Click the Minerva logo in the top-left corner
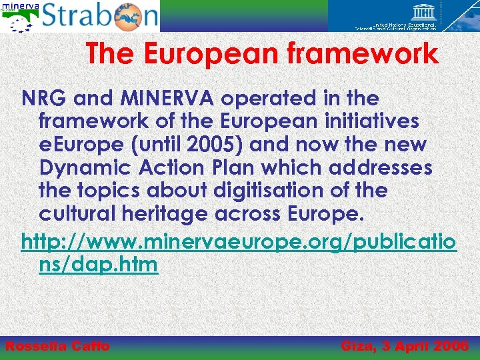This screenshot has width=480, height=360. (x=19, y=16)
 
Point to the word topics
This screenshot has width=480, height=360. (x=103, y=190)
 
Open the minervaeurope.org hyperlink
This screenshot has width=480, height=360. (x=239, y=241)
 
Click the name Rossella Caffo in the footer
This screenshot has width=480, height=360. (x=57, y=346)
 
